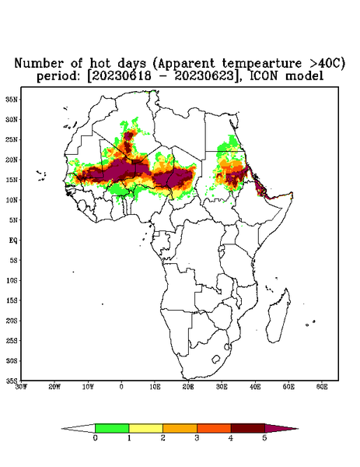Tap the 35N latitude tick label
click(x=11, y=99)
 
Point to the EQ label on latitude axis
click(x=13, y=240)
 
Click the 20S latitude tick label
click(x=12, y=321)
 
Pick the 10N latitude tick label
click(x=12, y=200)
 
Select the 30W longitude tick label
click(x=21, y=387)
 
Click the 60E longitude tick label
click(x=322, y=387)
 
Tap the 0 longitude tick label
click(x=121, y=387)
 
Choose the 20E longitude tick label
click(x=188, y=387)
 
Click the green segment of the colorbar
click(x=112, y=428)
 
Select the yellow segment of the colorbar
click(x=145, y=428)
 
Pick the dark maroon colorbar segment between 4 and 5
click(x=248, y=428)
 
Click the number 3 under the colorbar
click(x=197, y=438)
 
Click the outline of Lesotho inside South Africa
click(x=216, y=359)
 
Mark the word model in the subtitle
click(x=304, y=76)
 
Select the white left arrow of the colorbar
click(x=79, y=428)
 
